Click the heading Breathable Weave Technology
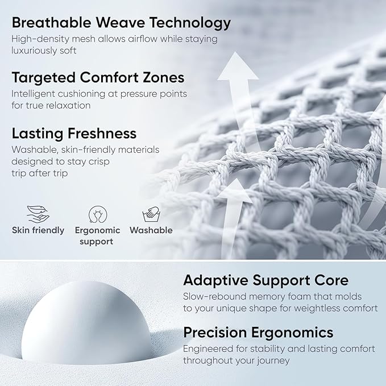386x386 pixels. click(x=121, y=23)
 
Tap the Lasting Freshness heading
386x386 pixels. click(x=74, y=134)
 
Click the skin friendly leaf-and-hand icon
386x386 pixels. click(x=38, y=214)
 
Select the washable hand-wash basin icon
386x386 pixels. click(x=151, y=215)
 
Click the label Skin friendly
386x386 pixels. click(x=38, y=230)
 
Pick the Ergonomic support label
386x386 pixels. click(x=97, y=236)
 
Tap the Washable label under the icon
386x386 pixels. click(x=151, y=230)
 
